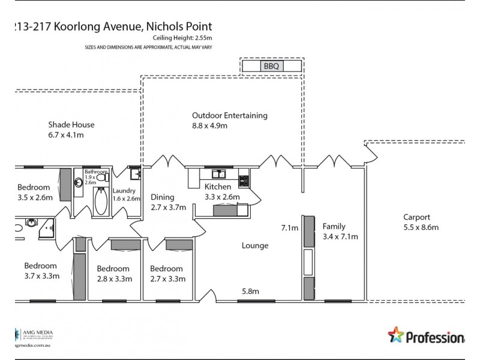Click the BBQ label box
pos(271,66)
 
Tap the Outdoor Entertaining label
pos(229,116)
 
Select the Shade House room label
pos(71,125)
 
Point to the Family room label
pos(334,226)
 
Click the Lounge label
pos(255,245)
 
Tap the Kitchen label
pos(218,187)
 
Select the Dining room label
pos(163,196)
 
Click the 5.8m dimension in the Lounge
pos(250,292)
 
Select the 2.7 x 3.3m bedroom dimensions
pos(167,278)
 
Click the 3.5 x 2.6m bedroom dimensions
pos(35,197)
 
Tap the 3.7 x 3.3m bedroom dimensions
pos(41,276)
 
